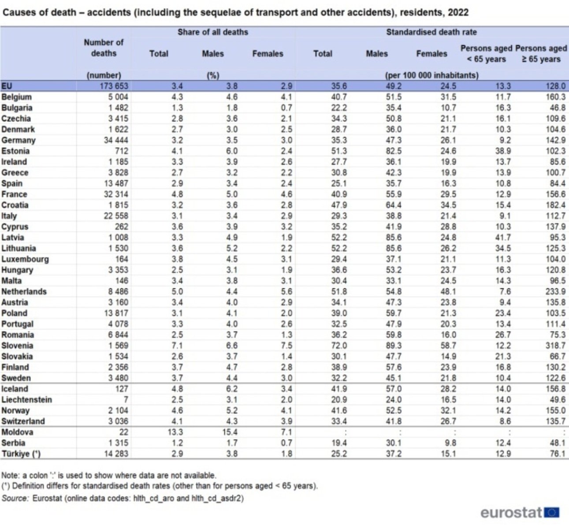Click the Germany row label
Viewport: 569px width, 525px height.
click(19, 140)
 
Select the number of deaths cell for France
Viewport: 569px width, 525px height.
click(115, 194)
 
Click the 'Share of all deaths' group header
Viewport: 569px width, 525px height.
click(212, 32)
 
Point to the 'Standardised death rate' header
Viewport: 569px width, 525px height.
click(431, 32)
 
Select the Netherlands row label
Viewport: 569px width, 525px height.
click(24, 291)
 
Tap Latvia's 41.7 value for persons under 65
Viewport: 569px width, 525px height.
click(502, 238)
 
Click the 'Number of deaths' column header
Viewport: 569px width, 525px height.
click(104, 48)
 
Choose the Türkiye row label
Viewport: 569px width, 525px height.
click(21, 454)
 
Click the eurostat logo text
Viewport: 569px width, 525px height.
click(511, 513)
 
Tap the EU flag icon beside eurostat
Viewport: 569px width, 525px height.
click(552, 513)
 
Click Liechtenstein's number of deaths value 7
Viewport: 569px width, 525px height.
click(126, 400)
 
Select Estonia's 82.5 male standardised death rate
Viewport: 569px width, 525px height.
click(393, 151)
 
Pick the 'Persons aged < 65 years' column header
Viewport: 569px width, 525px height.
click(486, 53)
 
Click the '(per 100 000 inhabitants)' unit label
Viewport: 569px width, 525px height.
click(431, 75)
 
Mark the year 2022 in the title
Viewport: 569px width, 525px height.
click(458, 12)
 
